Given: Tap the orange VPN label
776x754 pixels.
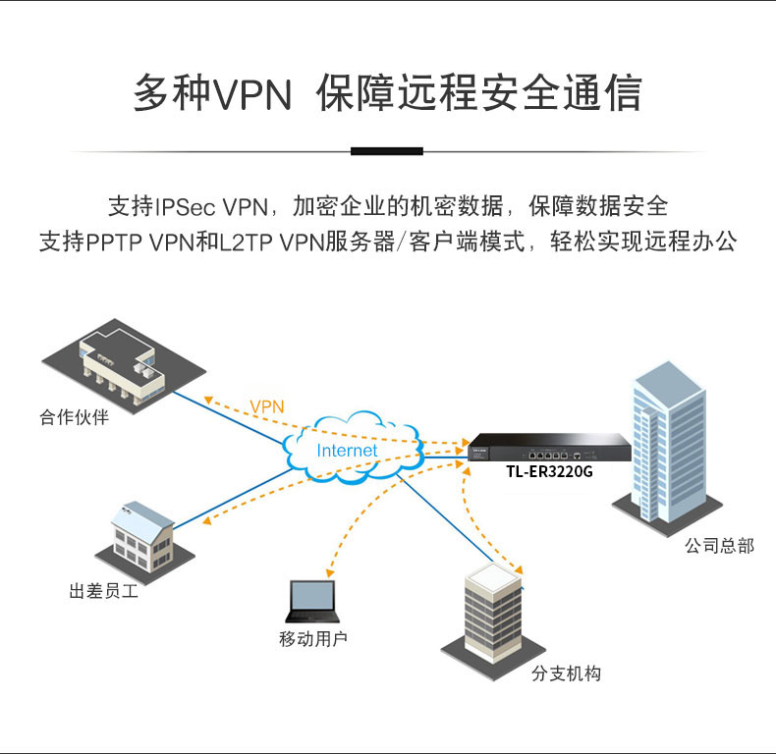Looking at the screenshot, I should click(266, 405).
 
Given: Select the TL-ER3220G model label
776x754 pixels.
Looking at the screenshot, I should click(549, 471).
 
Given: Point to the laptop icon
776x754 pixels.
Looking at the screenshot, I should click(311, 600).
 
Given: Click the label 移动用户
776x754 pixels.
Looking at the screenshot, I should click(313, 640).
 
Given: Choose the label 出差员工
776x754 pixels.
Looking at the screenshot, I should click(103, 592).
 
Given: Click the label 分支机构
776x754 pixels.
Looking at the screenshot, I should click(566, 673).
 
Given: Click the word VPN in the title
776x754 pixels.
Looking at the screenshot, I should click(253, 93).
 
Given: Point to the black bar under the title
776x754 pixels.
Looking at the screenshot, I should click(387, 151).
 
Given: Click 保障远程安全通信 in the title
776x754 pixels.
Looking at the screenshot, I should click(479, 93).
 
